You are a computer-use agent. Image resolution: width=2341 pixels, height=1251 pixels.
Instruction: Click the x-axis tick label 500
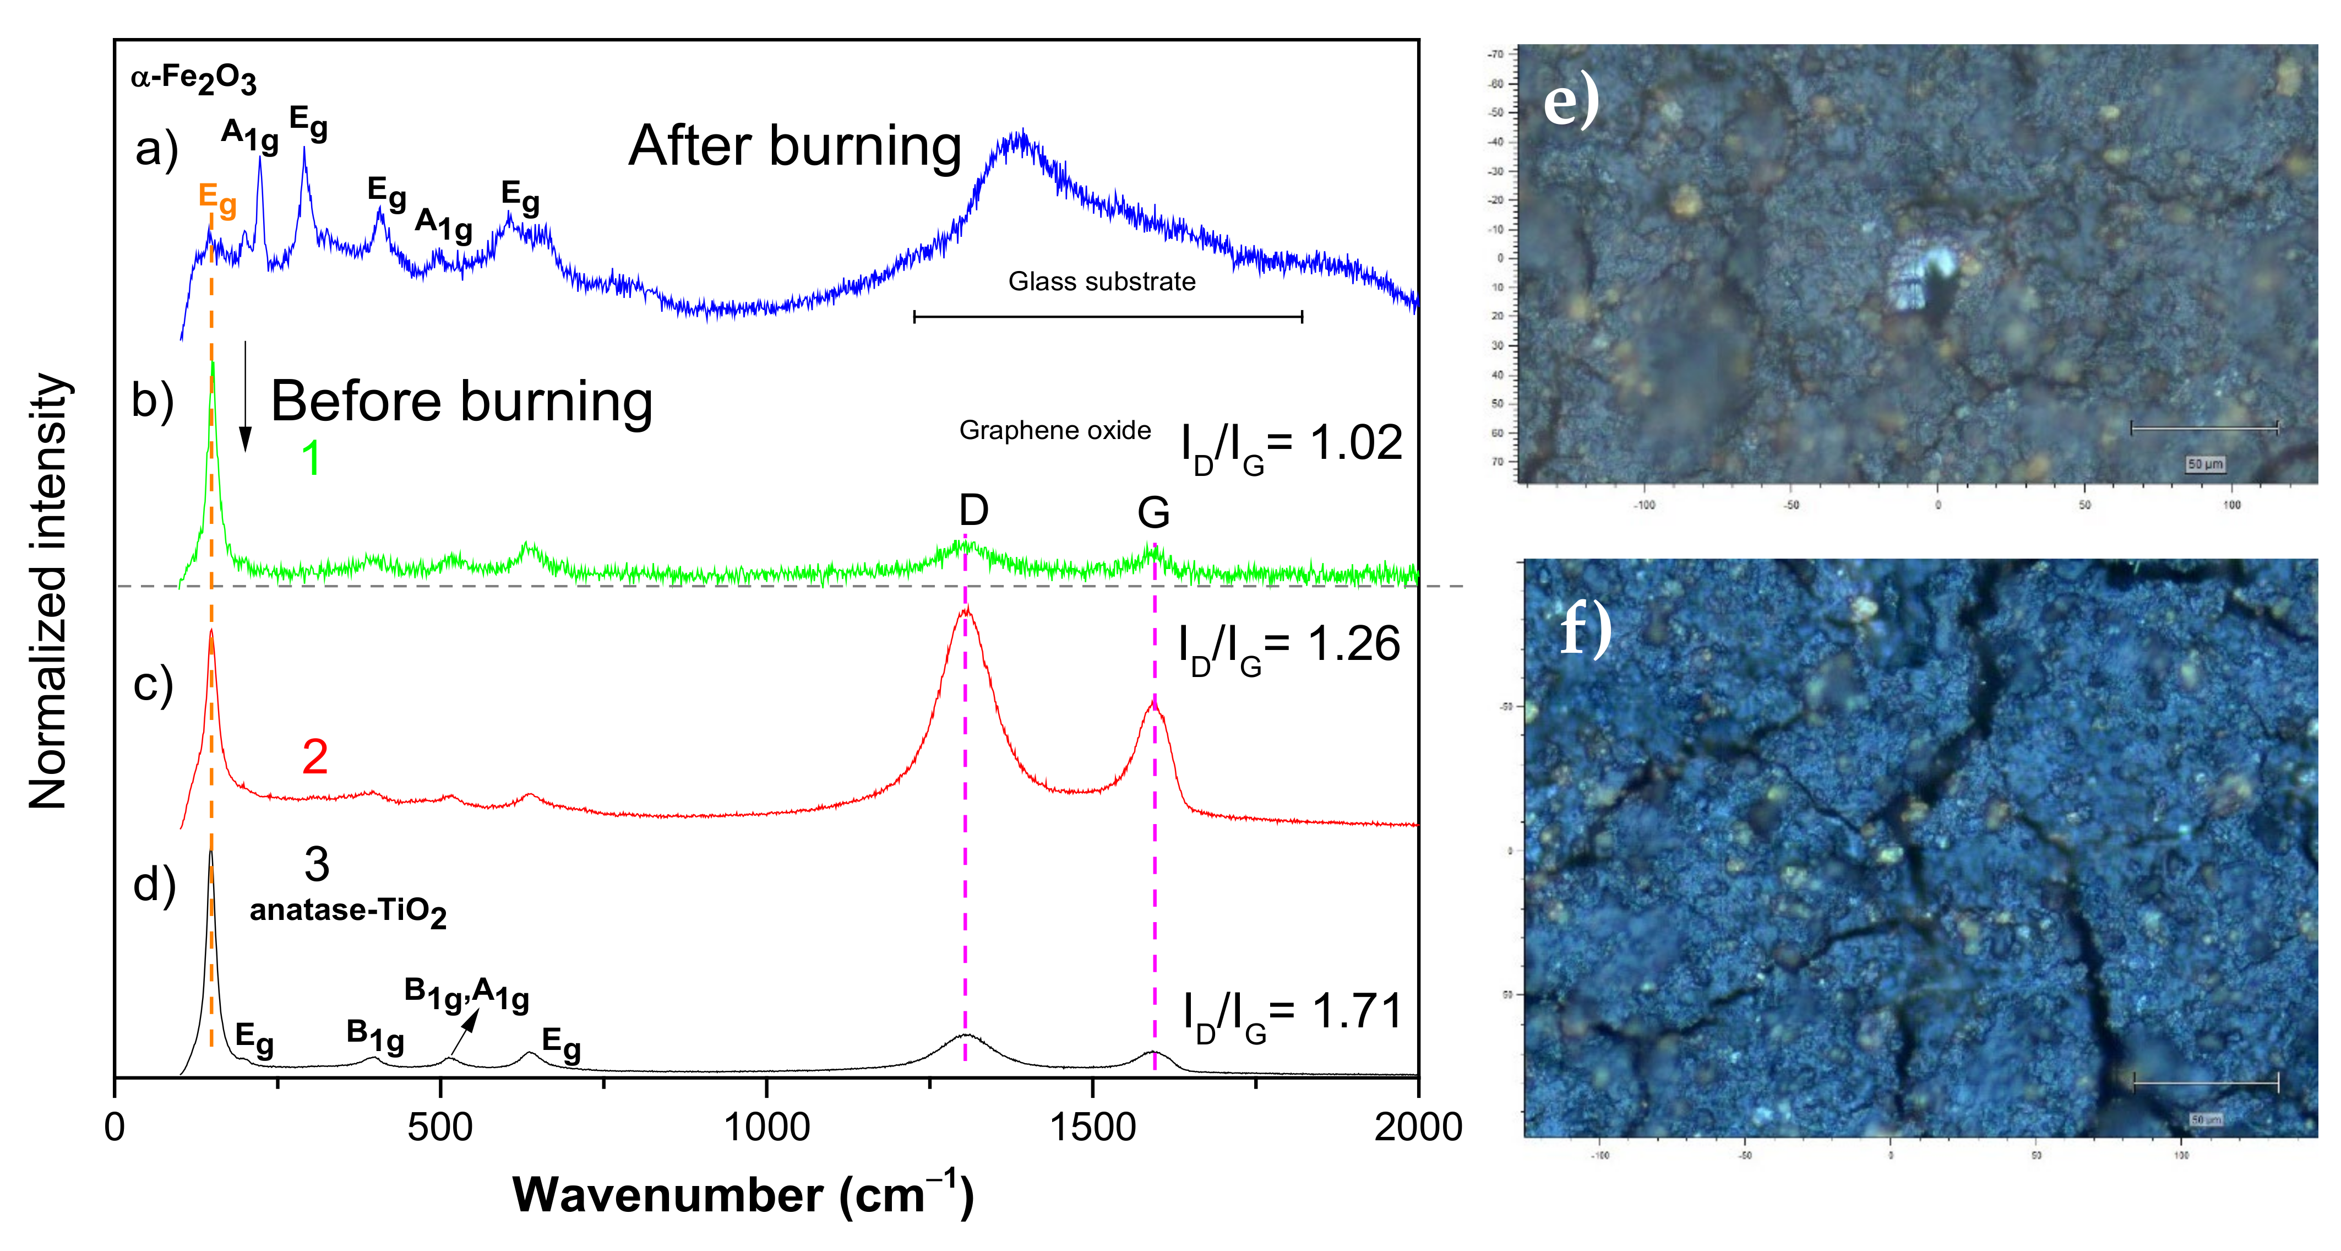pyautogui.click(x=440, y=1128)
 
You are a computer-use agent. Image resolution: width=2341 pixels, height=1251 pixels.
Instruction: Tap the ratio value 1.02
pyautogui.click(x=1356, y=443)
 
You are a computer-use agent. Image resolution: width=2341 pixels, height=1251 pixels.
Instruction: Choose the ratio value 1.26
pyautogui.click(x=1353, y=645)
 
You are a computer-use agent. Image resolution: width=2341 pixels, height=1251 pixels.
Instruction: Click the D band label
pyautogui.click(x=973, y=511)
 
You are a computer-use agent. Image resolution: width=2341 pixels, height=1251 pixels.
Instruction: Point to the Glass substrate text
pyautogui.click(x=1102, y=282)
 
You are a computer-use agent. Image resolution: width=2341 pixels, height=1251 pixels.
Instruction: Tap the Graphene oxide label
pyautogui.click(x=1054, y=430)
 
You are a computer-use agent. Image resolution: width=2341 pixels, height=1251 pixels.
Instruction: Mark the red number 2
pyautogui.click(x=314, y=756)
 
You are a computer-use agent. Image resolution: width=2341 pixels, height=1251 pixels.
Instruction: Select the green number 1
pyautogui.click(x=311, y=458)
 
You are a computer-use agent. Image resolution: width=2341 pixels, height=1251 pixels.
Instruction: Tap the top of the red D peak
pyautogui.click(x=965, y=610)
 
